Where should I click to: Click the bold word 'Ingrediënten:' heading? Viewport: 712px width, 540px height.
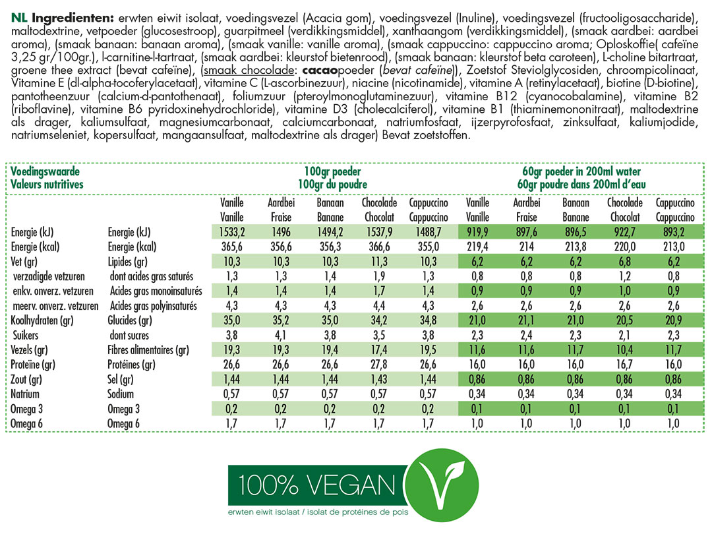[73, 18]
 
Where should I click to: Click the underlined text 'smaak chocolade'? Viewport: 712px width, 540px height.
[249, 71]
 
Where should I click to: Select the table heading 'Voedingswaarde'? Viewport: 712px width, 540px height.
[45, 171]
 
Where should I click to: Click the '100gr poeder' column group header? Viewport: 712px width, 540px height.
[332, 171]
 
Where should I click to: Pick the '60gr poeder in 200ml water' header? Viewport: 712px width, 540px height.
[581, 171]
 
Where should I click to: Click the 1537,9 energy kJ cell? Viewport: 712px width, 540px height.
[379, 232]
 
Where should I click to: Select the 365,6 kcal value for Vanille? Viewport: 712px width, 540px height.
[232, 247]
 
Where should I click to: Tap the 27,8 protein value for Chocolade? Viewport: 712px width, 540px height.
[379, 365]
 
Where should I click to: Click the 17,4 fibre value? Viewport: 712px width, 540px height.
[379, 350]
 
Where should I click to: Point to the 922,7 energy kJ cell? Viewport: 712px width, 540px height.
[625, 232]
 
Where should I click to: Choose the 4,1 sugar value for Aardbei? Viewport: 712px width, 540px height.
[281, 335]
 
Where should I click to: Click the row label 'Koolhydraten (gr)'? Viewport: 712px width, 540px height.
[42, 320]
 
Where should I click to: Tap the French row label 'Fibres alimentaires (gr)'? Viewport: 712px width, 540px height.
[148, 350]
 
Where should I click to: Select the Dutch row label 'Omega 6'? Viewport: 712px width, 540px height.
[26, 424]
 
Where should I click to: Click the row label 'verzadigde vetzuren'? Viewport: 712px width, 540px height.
[49, 276]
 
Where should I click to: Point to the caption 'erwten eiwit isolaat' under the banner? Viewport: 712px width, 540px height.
[263, 512]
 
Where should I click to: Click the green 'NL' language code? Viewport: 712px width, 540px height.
[19, 18]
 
